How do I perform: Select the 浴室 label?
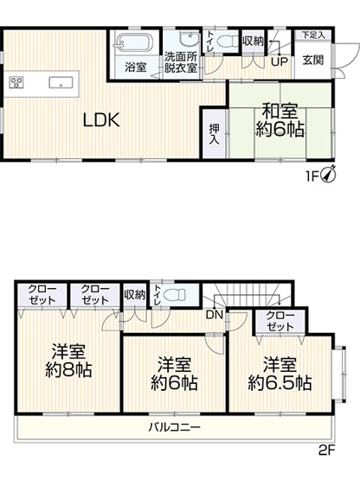[134, 67]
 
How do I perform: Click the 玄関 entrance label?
[312, 61]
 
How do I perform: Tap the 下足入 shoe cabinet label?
[313, 35]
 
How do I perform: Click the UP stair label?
[280, 61]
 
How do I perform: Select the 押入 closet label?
[214, 132]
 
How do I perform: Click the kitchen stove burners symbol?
[16, 82]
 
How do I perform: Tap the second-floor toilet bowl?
[177, 295]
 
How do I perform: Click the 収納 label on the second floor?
[134, 294]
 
